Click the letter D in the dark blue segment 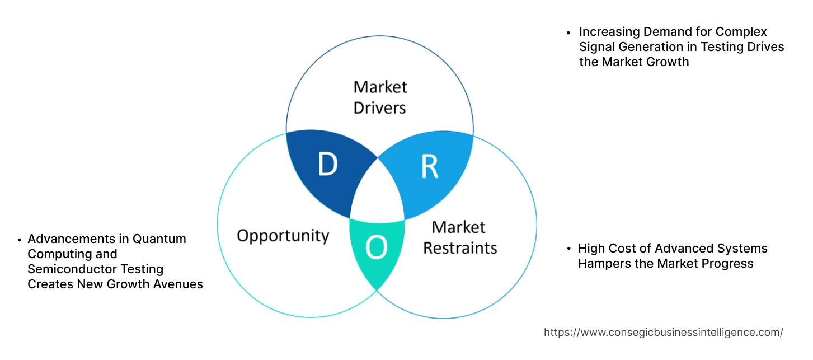click(327, 164)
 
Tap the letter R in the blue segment click(429, 166)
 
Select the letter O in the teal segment click(376, 249)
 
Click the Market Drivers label click(380, 97)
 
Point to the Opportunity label click(283, 235)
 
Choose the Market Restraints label click(459, 237)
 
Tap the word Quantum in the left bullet click(159, 239)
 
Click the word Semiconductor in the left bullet click(66, 269)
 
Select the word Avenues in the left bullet click(180, 284)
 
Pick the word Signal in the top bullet click(596, 47)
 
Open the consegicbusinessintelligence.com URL click(664, 333)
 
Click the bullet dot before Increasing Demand click(568, 32)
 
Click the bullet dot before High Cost click(568, 249)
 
